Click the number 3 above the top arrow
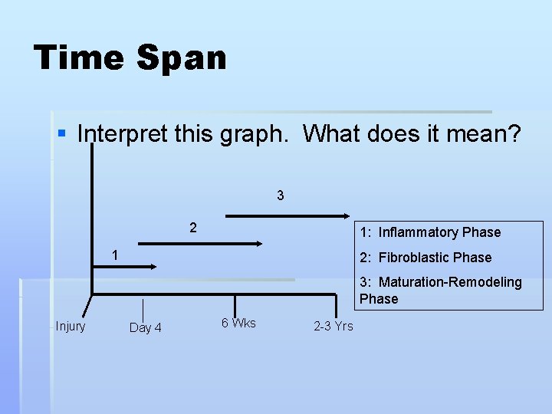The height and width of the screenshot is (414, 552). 281,195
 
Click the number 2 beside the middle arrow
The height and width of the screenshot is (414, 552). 193,228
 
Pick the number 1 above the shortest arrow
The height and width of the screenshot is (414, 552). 114,254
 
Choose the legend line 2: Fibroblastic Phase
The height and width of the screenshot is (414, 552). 426,258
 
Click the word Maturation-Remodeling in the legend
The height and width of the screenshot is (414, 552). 450,282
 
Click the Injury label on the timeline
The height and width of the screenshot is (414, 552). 71,327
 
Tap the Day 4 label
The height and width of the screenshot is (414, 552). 146,328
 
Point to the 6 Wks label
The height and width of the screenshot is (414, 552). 238,323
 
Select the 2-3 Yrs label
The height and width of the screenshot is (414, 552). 333,327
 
